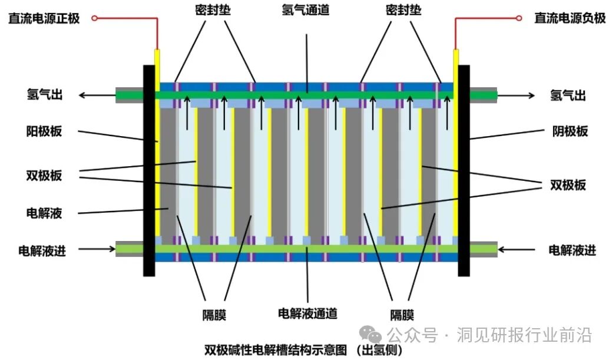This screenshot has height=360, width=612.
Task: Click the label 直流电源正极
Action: click(44, 18)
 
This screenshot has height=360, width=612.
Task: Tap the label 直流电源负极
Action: click(570, 18)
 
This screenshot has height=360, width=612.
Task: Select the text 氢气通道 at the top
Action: click(306, 11)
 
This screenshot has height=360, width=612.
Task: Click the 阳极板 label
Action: click(44, 131)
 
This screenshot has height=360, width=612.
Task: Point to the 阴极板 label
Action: click(570, 131)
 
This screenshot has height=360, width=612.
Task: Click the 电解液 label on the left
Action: click(44, 213)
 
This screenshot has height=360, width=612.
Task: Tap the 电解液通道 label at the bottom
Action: click(307, 313)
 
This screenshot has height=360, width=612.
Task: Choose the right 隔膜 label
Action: click(402, 315)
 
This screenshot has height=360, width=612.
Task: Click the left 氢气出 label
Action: click(44, 94)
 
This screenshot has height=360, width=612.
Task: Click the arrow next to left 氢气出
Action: click(97, 95)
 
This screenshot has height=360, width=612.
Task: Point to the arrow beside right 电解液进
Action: click(516, 250)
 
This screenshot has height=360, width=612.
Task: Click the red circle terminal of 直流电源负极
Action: click(519, 18)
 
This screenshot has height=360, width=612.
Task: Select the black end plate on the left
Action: click(149, 171)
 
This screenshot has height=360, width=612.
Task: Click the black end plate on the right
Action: click(464, 171)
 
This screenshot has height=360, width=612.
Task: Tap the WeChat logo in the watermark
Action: click(373, 335)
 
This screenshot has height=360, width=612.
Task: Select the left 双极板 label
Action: click(44, 176)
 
